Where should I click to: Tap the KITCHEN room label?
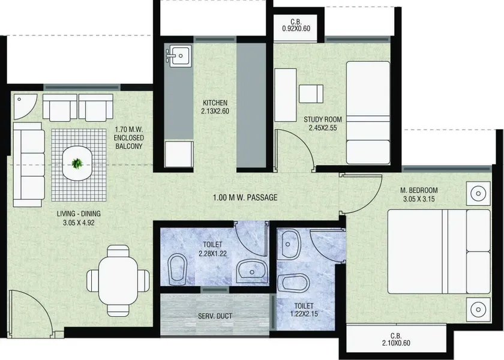[x=215, y=103]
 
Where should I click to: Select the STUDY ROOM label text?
[x=323, y=119]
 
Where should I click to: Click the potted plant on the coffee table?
[x=77, y=164]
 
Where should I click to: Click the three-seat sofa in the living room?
[x=29, y=164]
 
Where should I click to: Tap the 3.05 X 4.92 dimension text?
[x=79, y=223]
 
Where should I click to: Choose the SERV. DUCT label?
[x=215, y=316]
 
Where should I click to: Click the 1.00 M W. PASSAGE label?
[x=245, y=197]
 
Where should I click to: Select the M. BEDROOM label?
[x=419, y=190]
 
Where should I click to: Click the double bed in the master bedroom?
[x=439, y=251]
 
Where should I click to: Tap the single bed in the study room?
[x=368, y=113]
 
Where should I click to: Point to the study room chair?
[x=311, y=94]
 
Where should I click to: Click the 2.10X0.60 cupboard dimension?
[x=396, y=343]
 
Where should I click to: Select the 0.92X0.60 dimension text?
[x=296, y=29]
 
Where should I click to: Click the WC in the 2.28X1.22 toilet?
[x=178, y=269]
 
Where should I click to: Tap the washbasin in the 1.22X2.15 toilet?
[x=289, y=244]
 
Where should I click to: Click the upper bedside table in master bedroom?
[x=478, y=193]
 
